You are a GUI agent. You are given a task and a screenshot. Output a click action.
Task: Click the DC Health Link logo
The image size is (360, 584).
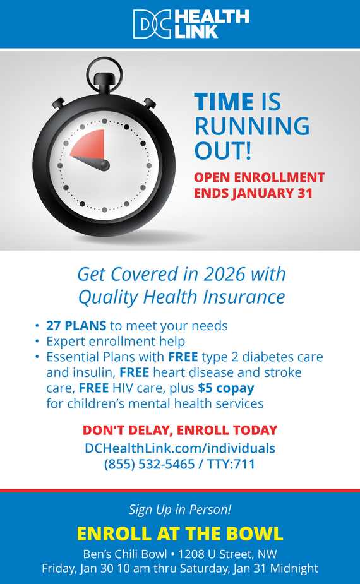click(191, 24)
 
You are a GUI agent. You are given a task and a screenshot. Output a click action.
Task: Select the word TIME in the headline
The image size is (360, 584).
click(223, 102)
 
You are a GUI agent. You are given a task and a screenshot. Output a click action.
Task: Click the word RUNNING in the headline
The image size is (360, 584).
click(251, 126)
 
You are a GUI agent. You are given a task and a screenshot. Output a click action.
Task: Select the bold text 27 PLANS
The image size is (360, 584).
click(76, 326)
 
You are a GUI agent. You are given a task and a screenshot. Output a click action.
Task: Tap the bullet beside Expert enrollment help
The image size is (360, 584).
click(37, 342)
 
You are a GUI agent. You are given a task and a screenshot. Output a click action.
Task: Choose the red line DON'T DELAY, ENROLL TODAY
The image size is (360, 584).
click(180, 431)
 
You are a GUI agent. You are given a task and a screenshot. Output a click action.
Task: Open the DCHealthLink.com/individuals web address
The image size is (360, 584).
click(180, 448)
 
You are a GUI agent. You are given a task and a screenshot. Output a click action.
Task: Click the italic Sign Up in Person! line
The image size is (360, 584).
click(180, 509)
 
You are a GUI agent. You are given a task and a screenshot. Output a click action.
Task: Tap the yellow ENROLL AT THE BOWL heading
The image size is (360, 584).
click(180, 533)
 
